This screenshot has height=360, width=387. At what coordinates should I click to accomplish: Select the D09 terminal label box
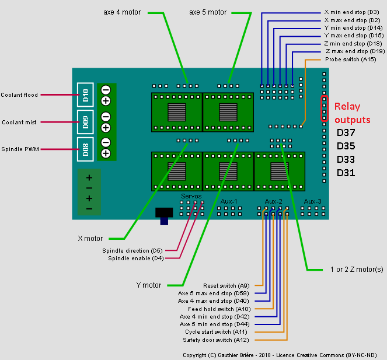pos(85,122)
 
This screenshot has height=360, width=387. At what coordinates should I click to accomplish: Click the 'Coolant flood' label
pos(19,95)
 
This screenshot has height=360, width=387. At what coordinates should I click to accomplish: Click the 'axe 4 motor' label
pos(123,12)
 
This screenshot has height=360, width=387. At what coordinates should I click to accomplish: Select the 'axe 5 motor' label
pos(208,12)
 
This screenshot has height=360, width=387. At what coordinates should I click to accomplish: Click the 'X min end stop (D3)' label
pos(351,12)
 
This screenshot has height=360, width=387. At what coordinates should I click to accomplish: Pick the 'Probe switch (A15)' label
pos(350,59)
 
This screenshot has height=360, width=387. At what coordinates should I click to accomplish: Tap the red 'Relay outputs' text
pos(352,113)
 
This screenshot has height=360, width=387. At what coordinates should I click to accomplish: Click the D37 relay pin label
pos(346,132)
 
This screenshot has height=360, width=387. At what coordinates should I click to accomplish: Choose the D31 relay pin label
pos(346,173)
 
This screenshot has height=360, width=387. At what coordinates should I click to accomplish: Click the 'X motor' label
pos(90,238)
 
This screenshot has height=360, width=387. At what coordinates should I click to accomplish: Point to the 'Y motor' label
pos(148,285)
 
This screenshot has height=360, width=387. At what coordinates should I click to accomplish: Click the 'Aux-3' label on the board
pos(312,201)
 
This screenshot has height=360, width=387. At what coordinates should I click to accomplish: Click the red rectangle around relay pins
pos(324,109)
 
